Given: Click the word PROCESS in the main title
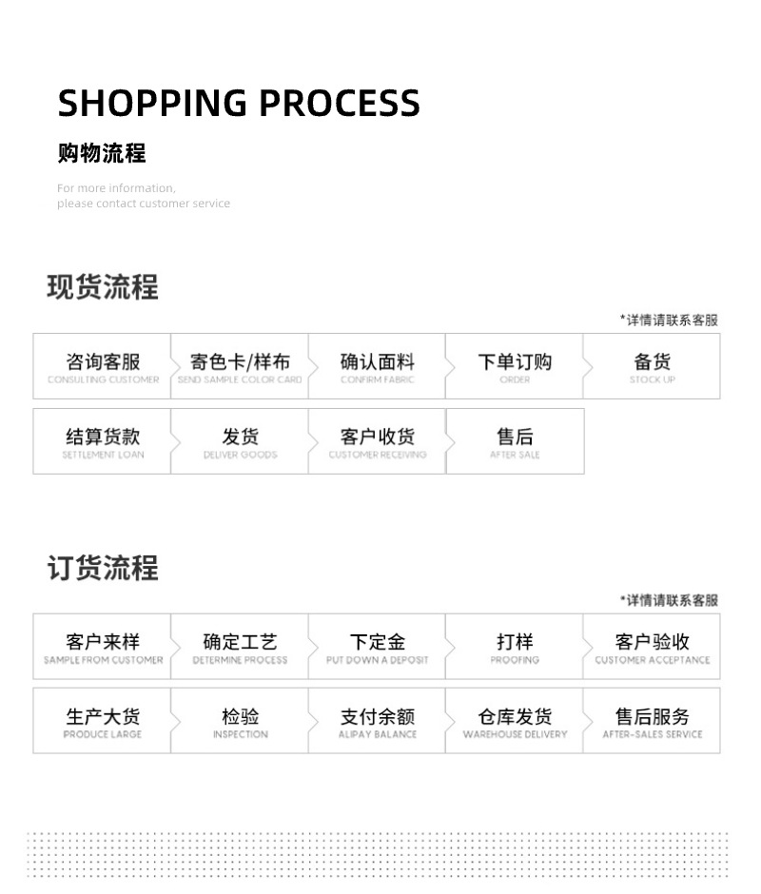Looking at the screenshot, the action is [340, 103].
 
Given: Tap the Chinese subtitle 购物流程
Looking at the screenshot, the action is [102, 152].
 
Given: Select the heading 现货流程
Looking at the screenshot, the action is [103, 286].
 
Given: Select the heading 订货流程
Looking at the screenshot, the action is [103, 568].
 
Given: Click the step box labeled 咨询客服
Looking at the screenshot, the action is [103, 366].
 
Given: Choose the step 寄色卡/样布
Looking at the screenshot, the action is [240, 366].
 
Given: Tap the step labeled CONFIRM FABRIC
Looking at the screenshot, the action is [377, 366].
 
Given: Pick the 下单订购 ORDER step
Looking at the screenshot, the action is [515, 366].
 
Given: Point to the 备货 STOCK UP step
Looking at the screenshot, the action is [652, 366].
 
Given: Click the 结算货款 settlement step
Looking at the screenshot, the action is [103, 441].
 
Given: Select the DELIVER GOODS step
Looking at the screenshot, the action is [240, 441].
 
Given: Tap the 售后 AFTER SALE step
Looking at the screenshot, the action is [515, 441].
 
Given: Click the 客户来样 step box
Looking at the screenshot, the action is [103, 647].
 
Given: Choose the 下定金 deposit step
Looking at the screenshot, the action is [377, 647].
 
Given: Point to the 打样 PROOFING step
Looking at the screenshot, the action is [515, 647].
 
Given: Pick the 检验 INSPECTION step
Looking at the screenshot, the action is [240, 721].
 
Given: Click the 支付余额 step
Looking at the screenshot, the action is [377, 721].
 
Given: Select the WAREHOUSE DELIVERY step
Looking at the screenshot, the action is [515, 721].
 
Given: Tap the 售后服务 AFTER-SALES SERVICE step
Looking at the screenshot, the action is [652, 721].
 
